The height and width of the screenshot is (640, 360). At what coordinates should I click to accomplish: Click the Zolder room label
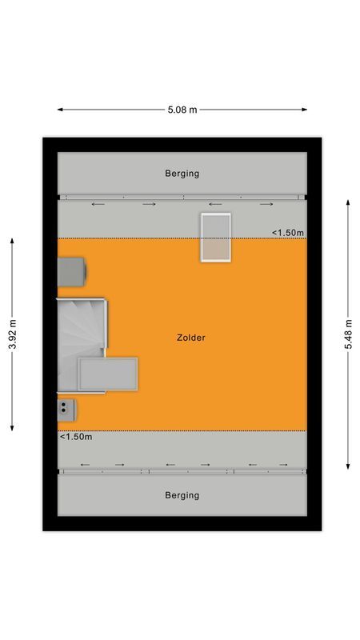tap(191, 338)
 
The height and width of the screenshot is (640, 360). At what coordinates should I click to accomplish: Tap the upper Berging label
tap(182, 173)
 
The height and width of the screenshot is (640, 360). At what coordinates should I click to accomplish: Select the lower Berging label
tap(182, 495)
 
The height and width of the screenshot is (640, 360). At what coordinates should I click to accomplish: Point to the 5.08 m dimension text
tap(182, 110)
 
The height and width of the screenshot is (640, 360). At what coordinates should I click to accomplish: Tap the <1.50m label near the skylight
tap(288, 233)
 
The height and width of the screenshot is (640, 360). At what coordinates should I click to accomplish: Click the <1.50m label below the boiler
tap(76, 437)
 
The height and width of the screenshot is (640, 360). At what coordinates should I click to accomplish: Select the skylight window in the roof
tap(215, 237)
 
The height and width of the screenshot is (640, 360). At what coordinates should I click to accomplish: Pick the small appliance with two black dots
tap(66, 410)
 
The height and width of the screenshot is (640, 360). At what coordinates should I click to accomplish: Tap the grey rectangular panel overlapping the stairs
tap(108, 374)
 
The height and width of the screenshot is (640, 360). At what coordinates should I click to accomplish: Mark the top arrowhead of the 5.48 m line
tap(349, 202)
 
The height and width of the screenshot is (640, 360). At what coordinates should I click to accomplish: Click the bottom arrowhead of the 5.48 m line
tap(349, 467)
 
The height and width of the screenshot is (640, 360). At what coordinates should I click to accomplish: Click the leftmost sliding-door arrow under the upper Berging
tap(98, 205)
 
